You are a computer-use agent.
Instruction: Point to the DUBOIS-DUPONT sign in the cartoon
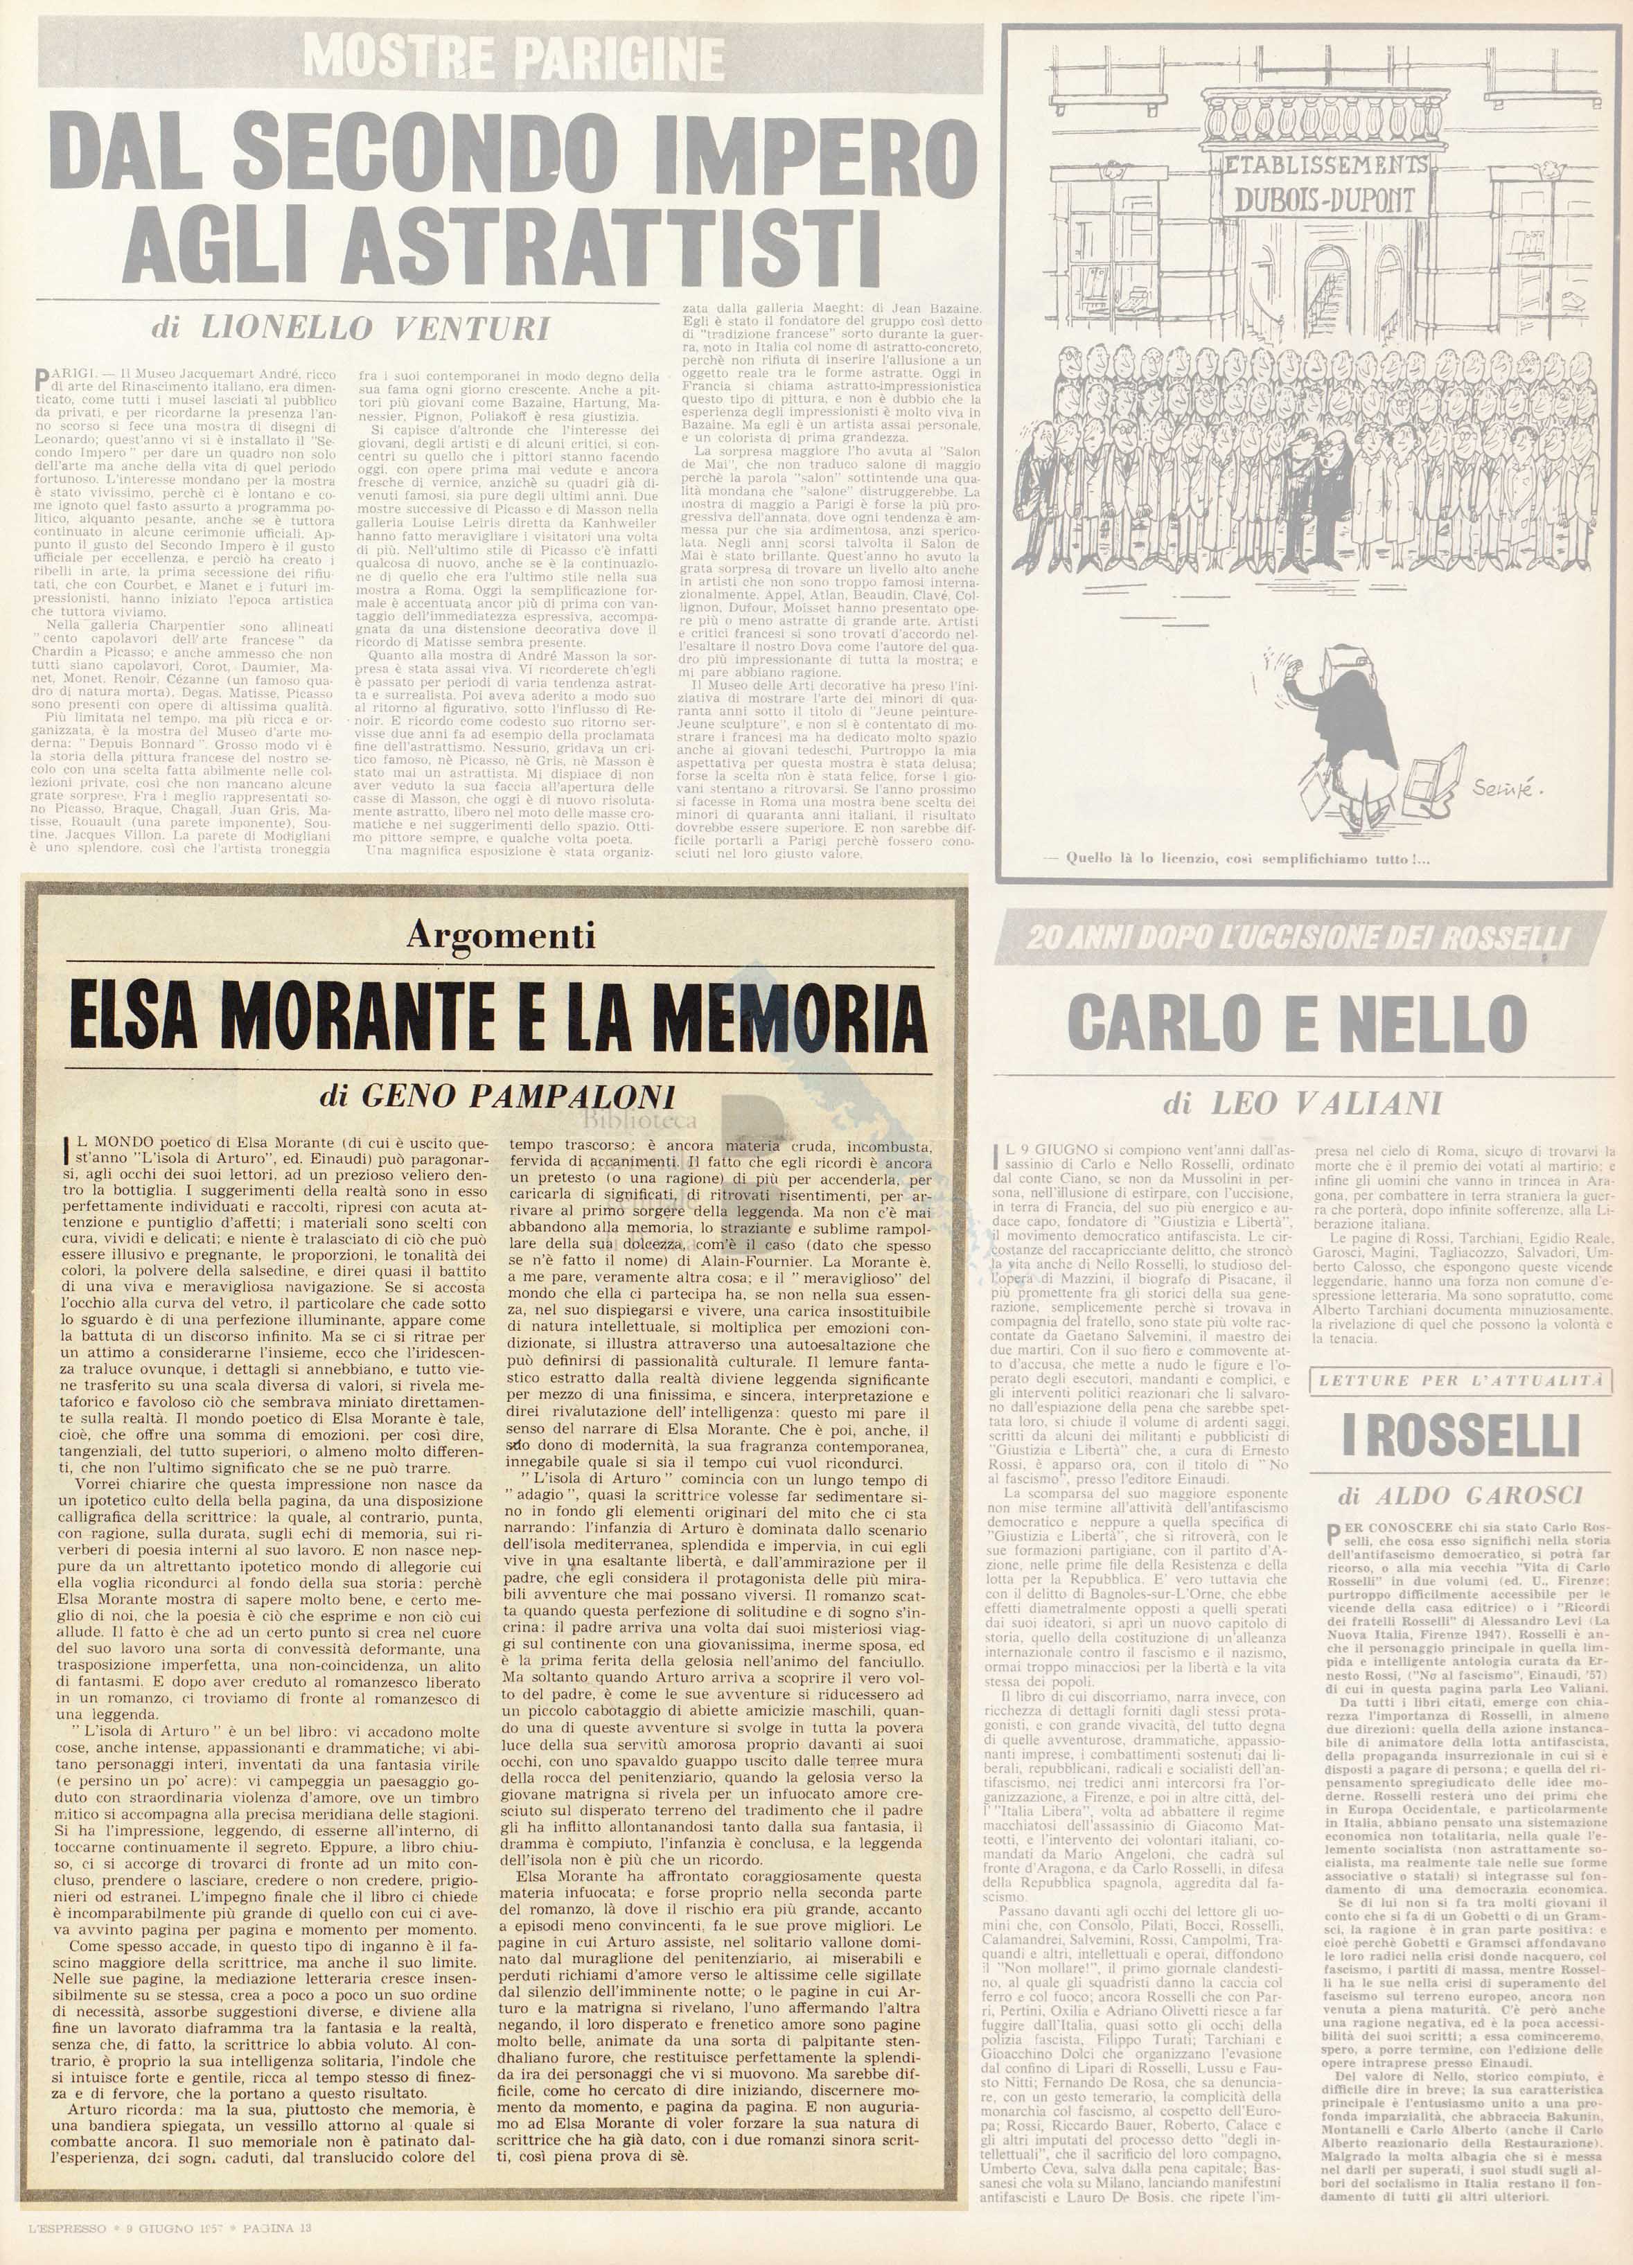1325,199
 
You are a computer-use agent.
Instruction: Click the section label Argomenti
502,935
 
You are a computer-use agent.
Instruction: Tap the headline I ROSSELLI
1461,1435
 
